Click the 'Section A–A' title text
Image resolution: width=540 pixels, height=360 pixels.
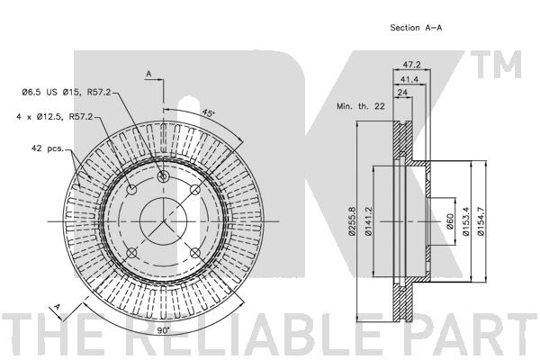tap(416, 28)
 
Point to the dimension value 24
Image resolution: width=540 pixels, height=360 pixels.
tap(403, 94)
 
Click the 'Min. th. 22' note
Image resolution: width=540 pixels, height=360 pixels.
tap(361, 107)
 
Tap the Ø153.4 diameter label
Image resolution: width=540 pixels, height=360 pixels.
tap(466, 222)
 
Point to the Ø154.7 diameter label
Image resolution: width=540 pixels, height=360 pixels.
tap(484, 222)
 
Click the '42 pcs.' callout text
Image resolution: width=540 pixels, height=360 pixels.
tap(47, 148)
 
